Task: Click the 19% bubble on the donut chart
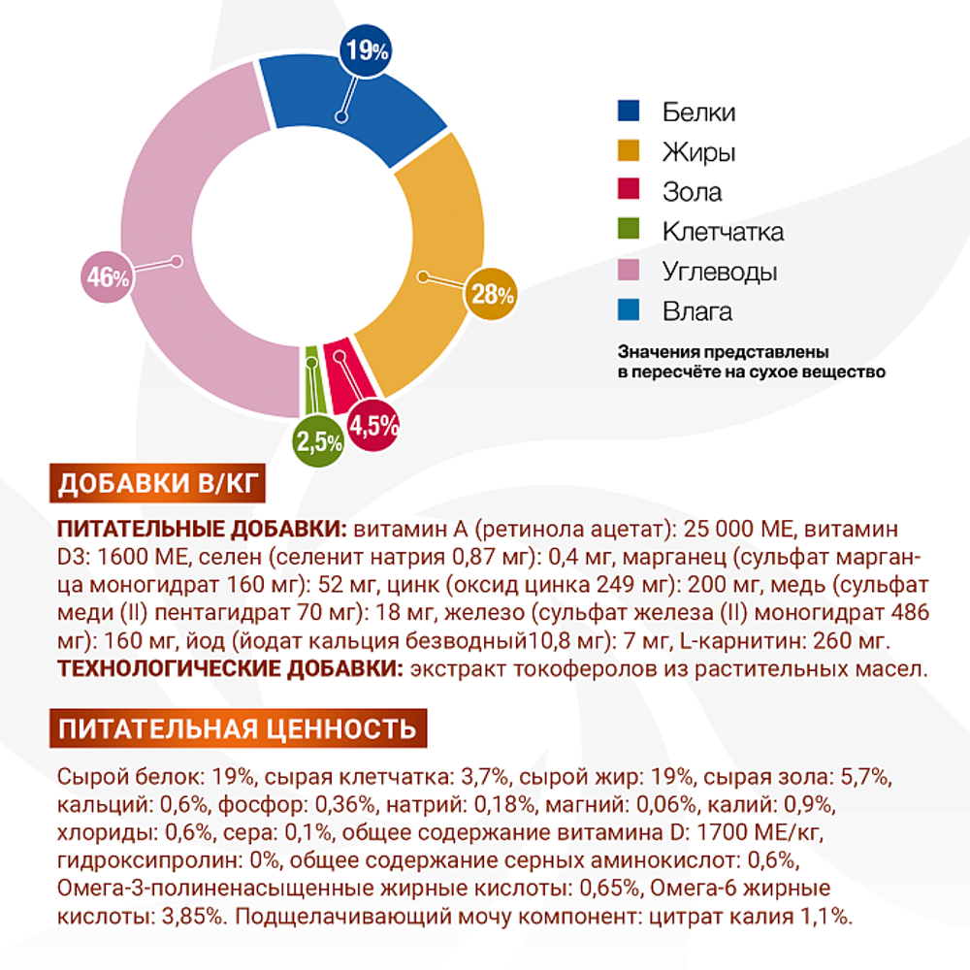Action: (366, 50)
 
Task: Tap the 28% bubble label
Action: (493, 293)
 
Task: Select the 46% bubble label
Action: (107, 277)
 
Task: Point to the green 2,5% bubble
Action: (319, 442)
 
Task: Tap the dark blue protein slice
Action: (359, 107)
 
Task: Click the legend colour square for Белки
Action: (629, 112)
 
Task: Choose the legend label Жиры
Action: (698, 152)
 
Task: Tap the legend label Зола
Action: (693, 192)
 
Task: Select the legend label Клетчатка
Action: (724, 232)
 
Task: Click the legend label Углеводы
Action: (720, 272)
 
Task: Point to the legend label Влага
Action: (697, 311)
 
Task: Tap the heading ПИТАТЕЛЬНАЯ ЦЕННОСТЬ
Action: (238, 728)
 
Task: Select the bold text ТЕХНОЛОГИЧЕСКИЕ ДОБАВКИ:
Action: (229, 669)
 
